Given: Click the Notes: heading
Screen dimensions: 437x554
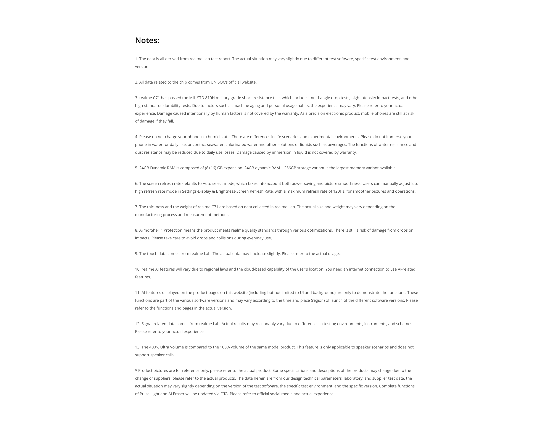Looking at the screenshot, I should [x=147, y=40].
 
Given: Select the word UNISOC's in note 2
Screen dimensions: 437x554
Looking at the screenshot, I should [x=219, y=82].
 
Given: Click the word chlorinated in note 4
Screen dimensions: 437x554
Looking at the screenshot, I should [x=236, y=145].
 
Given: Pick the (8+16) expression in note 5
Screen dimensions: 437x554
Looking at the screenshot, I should [x=211, y=168].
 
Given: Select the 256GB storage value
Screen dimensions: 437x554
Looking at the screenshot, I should [x=290, y=168].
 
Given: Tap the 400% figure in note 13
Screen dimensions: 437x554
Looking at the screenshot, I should [x=154, y=347].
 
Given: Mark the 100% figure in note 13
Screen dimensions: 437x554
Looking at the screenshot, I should [x=225, y=347].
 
